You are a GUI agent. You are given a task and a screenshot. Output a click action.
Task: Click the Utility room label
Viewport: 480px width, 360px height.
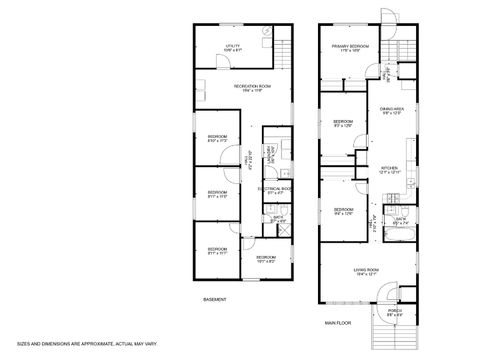232,47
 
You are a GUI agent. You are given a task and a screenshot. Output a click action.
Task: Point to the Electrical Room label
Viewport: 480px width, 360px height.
274,189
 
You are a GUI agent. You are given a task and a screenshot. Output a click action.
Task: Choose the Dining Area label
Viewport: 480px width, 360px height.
392,112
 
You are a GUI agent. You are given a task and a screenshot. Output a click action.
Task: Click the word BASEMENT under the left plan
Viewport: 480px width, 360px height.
215,299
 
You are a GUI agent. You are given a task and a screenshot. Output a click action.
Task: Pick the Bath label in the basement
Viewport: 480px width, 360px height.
279,220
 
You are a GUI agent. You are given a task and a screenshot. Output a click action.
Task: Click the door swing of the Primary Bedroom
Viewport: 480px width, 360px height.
370,71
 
